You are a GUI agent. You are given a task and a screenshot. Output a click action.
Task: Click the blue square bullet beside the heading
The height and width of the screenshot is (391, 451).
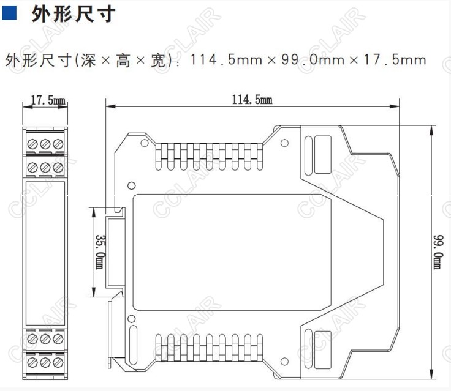(x=9, y=13)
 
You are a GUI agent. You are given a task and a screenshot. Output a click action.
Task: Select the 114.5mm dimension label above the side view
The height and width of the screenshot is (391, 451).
(x=252, y=100)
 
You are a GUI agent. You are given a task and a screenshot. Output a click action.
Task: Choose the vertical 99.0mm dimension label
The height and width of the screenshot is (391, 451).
(x=437, y=251)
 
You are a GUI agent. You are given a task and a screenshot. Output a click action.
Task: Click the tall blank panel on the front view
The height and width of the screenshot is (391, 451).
(x=46, y=252)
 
